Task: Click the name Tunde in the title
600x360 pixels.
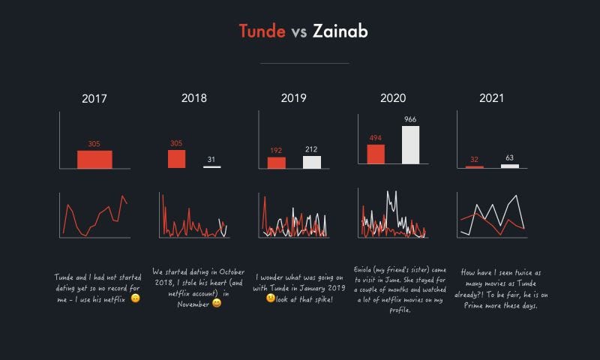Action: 262,31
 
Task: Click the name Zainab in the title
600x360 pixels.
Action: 340,31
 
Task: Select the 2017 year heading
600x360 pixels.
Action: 94,98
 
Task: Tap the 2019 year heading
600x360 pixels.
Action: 293,98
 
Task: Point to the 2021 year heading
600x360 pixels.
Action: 491,98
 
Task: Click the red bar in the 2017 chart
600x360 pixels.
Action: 94,160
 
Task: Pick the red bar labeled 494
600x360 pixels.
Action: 376,154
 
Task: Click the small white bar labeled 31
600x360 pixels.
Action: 211,166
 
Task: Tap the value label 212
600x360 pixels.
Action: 311,150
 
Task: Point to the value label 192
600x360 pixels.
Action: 276,151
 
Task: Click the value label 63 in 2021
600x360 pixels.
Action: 509,158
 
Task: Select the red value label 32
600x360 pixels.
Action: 474,160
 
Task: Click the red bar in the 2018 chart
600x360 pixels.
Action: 176,159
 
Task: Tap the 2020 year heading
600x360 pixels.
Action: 392,98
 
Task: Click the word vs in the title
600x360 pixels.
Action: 299,31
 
